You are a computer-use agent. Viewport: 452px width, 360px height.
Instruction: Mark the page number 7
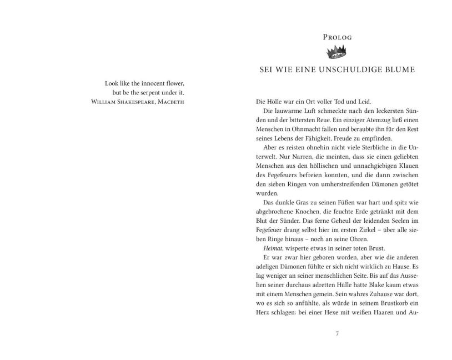point(337,334)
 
